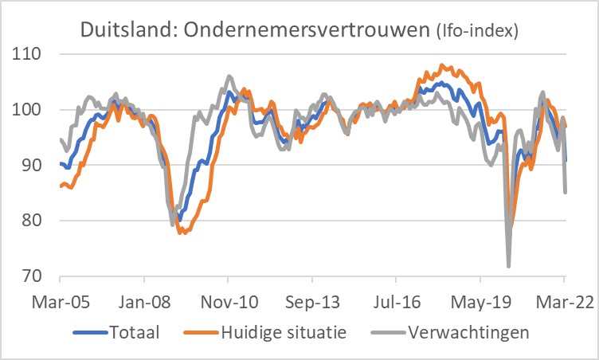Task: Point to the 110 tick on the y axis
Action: [29, 54]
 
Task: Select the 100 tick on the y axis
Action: [29, 110]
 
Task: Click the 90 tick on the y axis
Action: [33, 166]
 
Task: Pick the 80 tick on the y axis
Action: [33, 221]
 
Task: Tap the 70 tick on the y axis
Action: [33, 276]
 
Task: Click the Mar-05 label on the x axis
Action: [60, 303]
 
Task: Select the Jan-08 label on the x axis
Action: [144, 303]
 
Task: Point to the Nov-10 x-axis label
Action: [228, 303]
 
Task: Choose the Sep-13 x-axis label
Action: [312, 303]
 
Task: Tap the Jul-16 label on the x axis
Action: [396, 303]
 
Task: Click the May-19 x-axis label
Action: [480, 303]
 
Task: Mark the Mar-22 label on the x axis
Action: [564, 303]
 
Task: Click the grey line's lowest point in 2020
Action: [508, 266]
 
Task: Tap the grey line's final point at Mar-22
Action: [566, 192]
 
